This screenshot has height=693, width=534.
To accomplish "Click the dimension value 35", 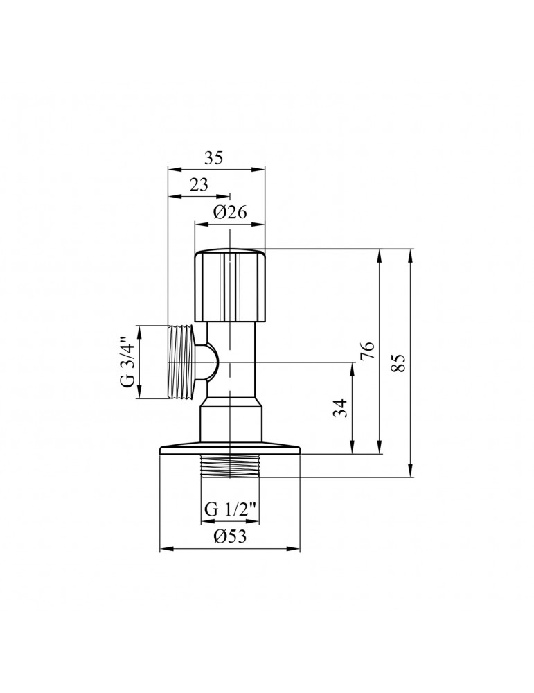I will pyautogui.click(x=214, y=158).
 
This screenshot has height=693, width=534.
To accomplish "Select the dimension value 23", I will pyautogui.click(x=199, y=186).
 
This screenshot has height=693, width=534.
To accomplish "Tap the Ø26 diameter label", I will pyautogui.click(x=230, y=213).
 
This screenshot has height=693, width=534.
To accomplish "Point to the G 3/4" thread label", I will pyautogui.click(x=127, y=362).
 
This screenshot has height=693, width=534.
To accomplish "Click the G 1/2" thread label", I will pyautogui.click(x=231, y=509).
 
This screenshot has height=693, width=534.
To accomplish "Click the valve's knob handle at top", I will pyautogui.click(x=230, y=284).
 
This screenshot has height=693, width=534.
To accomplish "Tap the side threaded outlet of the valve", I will pyautogui.click(x=181, y=362).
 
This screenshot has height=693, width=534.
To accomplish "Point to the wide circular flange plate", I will pyautogui.click(x=230, y=450).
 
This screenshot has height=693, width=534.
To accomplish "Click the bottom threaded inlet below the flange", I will pyautogui.click(x=230, y=467).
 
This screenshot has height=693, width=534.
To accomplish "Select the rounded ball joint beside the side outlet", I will pyautogui.click(x=208, y=362).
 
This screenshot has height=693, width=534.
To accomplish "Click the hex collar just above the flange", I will pyautogui.click(x=231, y=423).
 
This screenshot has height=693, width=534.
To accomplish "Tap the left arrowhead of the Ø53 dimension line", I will pyautogui.click(x=164, y=550).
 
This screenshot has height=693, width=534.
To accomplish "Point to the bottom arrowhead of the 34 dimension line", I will pyautogui.click(x=353, y=450).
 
